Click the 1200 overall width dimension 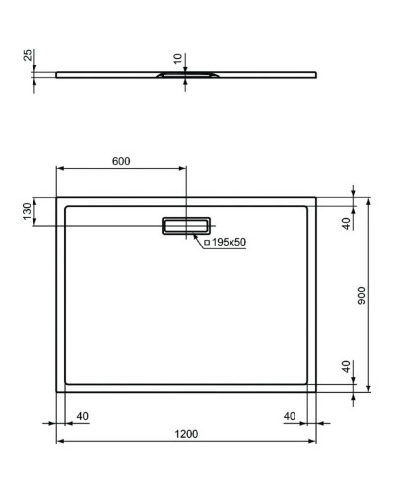[187, 434]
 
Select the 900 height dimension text [362, 294]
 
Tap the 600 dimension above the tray [120, 161]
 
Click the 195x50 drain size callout [229, 242]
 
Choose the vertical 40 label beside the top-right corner [346, 223]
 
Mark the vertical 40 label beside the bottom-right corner [346, 366]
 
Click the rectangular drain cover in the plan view [185, 225]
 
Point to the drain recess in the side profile [185, 74]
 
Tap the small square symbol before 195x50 [207, 242]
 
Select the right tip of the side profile [316, 72]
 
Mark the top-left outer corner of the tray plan [56, 196]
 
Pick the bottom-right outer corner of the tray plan [316, 391]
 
